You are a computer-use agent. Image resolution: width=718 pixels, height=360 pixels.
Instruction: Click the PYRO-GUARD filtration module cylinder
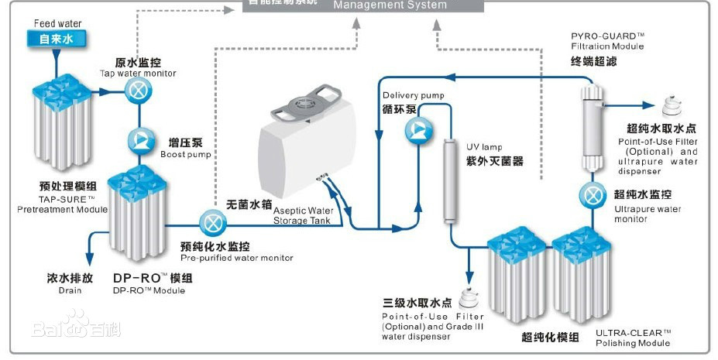click(593, 128)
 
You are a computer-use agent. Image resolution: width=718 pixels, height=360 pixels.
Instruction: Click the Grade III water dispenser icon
click(468, 297)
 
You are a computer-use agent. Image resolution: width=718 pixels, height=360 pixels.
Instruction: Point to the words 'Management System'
click(390, 5)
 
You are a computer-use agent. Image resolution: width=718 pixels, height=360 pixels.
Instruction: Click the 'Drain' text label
click(69, 290)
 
